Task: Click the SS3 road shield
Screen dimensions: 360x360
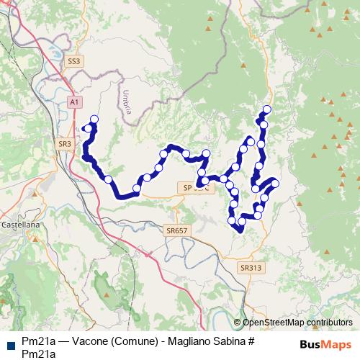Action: coord(73,62)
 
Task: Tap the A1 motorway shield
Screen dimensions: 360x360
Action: coord(75,103)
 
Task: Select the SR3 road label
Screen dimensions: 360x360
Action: coord(65,144)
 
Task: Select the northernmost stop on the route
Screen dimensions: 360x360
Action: coord(268,109)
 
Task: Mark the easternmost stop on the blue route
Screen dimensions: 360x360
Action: coord(274,183)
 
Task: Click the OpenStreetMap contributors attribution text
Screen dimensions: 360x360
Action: coord(297,323)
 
